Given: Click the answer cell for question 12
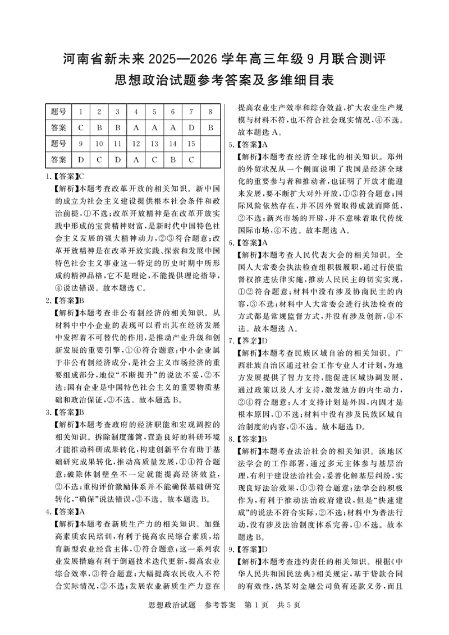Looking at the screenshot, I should pos(136,159).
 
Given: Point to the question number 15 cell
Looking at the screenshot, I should pos(191,144).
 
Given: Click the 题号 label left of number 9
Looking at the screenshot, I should pos(58,144).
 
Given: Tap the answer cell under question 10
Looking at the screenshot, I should pos(99,159).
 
